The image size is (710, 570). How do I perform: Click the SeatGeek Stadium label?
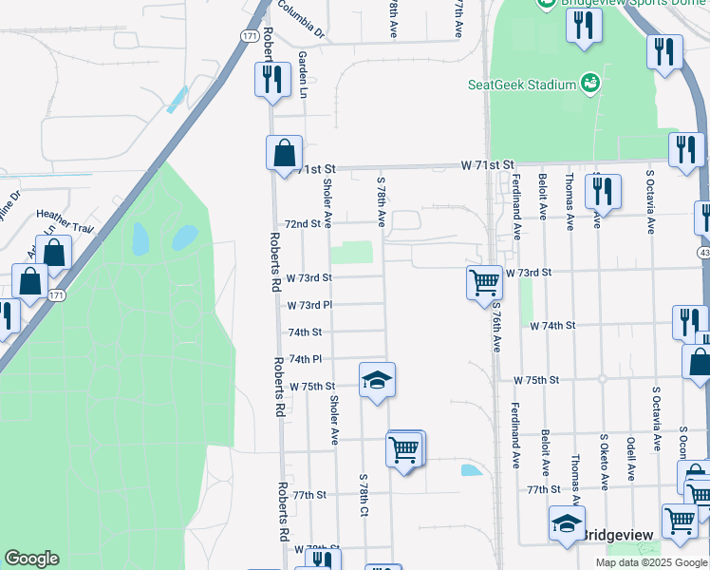522,85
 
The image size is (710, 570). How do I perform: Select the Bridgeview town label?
619,536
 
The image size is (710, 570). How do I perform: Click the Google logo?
31,559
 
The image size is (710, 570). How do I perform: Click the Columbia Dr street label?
302,19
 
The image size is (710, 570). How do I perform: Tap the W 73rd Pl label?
309,305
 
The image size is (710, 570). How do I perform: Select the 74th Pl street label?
307,359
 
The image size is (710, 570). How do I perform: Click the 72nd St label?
304,224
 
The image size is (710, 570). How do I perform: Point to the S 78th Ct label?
364,495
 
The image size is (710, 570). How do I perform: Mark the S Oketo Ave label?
604,464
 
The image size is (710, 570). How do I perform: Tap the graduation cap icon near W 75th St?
378,381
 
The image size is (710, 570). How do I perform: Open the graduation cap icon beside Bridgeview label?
567,523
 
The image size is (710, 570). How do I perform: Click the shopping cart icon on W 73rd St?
485,282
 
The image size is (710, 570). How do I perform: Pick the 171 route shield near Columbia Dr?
249,36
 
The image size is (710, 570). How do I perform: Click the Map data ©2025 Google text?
650,562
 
